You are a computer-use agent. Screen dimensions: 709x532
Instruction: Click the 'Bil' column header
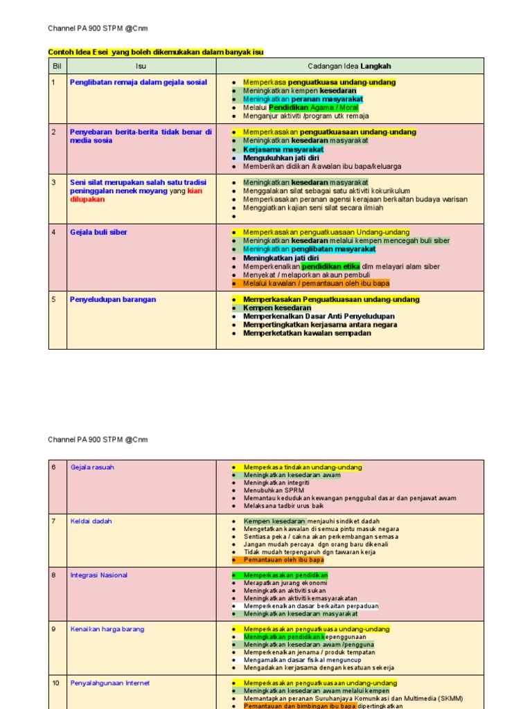[57, 66]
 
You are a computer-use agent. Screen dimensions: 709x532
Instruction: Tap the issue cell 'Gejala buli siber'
[98, 232]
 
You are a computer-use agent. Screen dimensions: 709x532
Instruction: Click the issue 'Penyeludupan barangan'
[113, 299]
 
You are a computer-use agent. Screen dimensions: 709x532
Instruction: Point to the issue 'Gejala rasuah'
[92, 467]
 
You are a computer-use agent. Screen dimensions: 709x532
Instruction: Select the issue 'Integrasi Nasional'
[98, 575]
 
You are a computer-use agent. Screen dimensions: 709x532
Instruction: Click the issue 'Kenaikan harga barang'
[107, 629]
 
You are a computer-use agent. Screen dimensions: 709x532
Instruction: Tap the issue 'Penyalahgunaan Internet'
[109, 683]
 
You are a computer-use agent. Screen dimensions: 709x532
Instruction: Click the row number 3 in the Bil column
[53, 182]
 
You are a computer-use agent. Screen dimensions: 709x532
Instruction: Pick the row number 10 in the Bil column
[55, 683]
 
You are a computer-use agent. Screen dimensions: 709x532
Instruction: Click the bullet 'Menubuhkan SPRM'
[274, 490]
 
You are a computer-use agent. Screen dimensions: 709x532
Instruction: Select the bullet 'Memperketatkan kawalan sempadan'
[307, 333]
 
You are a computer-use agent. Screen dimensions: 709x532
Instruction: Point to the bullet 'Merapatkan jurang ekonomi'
[285, 583]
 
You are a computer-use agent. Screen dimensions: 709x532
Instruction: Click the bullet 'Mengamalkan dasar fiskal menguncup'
[302, 660]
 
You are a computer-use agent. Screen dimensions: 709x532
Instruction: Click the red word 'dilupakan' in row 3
[87, 199]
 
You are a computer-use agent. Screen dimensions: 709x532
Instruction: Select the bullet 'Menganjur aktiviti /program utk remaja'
[305, 116]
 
